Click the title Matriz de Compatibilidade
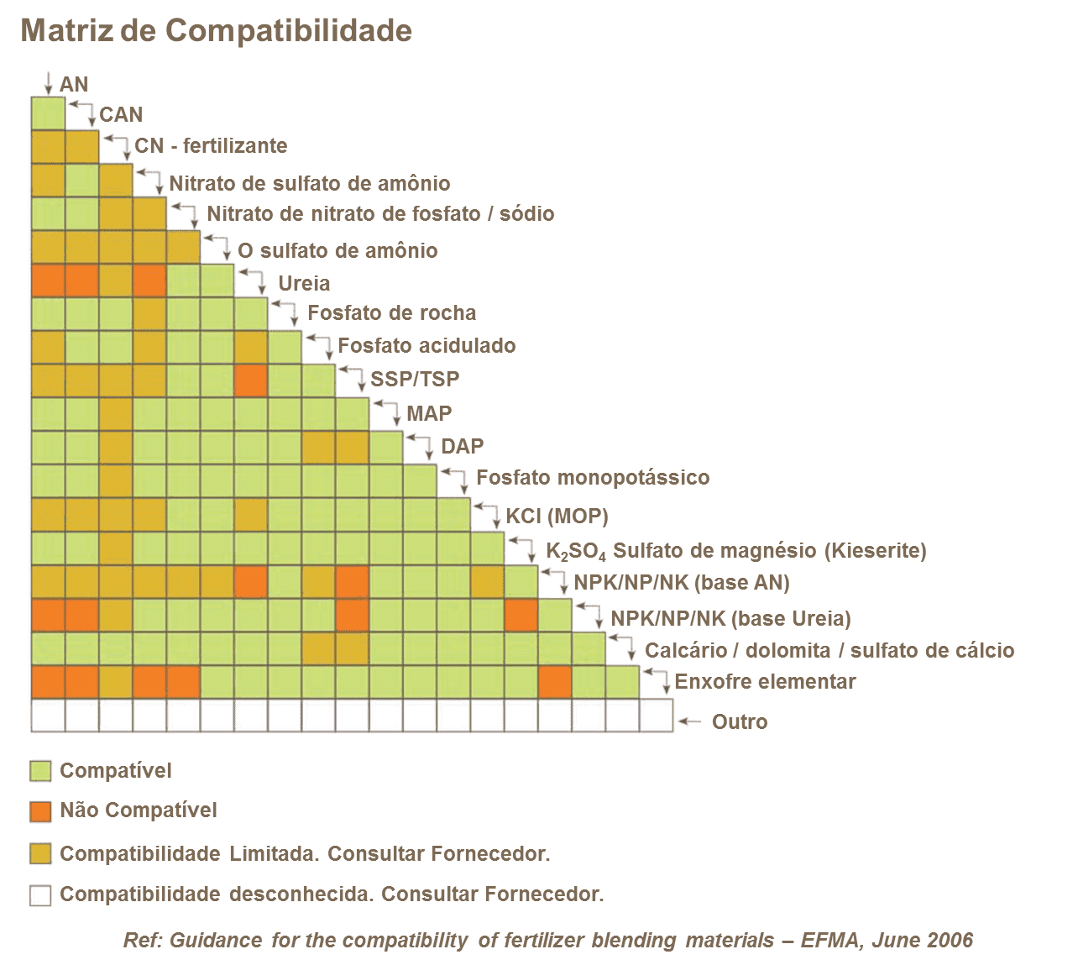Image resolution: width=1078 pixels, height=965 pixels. click(216, 30)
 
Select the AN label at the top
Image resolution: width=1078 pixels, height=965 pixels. click(74, 84)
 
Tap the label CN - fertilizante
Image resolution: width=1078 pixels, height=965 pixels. click(211, 145)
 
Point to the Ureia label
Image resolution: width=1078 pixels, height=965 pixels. click(304, 283)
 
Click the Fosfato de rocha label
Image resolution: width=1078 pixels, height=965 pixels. click(391, 313)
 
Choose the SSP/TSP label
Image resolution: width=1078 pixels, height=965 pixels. click(415, 379)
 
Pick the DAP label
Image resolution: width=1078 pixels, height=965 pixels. click(462, 446)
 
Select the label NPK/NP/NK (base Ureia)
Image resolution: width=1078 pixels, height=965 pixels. click(730, 619)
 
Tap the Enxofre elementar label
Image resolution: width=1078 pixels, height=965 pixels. click(765, 681)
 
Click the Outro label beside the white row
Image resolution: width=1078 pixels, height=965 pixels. click(739, 721)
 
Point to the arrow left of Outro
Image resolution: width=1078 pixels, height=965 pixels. click(690, 721)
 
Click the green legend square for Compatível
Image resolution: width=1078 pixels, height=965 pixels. click(40, 771)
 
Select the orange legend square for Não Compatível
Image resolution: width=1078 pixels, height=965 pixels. click(40, 811)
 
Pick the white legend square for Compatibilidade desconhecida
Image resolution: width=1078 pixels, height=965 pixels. click(40, 895)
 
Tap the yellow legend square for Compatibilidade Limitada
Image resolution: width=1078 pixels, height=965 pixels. click(40, 854)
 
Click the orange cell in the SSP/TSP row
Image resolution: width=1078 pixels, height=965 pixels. click(251, 380)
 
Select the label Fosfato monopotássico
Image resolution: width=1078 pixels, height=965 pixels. click(592, 478)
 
